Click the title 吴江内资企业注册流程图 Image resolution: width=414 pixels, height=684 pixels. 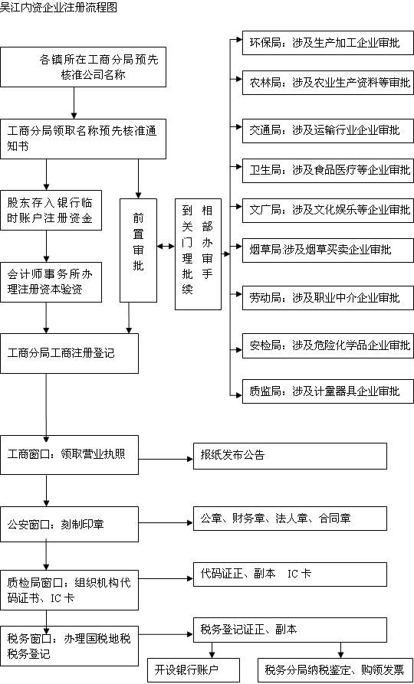pyautogui.click(x=59, y=8)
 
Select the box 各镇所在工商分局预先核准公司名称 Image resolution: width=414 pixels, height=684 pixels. pyautogui.click(x=83, y=67)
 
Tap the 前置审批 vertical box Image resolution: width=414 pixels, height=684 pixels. pyautogui.click(x=139, y=250)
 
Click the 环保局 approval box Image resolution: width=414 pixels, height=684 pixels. pyautogui.click(x=328, y=43)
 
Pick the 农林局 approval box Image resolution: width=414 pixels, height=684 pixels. pyautogui.click(x=328, y=83)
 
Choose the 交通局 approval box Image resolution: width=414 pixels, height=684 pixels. pyautogui.click(x=328, y=130)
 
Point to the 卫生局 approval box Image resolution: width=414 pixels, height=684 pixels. pyautogui.click(x=328, y=171)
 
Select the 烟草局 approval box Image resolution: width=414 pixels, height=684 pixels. pyautogui.click(x=328, y=250)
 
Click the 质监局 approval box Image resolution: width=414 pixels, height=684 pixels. pyautogui.click(x=328, y=391)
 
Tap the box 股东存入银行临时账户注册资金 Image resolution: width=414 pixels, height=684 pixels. pyautogui.click(x=51, y=211)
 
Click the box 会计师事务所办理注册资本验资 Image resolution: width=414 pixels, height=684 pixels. pyautogui.click(x=51, y=282)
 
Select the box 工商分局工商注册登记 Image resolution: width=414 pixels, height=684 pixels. pyautogui.click(x=69, y=353)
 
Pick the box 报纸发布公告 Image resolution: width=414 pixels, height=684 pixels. pyautogui.click(x=290, y=457)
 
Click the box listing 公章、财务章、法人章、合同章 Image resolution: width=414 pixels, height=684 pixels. pyautogui.click(x=290, y=519)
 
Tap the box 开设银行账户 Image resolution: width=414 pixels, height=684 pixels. pyautogui.click(x=193, y=670)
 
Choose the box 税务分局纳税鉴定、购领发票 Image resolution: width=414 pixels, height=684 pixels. pyautogui.click(x=335, y=670)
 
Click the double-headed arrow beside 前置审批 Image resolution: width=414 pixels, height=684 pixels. pyautogui.click(x=166, y=247)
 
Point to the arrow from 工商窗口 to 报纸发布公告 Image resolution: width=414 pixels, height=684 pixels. pyautogui.click(x=166, y=459)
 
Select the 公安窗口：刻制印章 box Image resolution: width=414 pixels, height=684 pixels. pyautogui.click(x=69, y=525)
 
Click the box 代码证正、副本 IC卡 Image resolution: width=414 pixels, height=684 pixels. pyautogui.click(x=290, y=574)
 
